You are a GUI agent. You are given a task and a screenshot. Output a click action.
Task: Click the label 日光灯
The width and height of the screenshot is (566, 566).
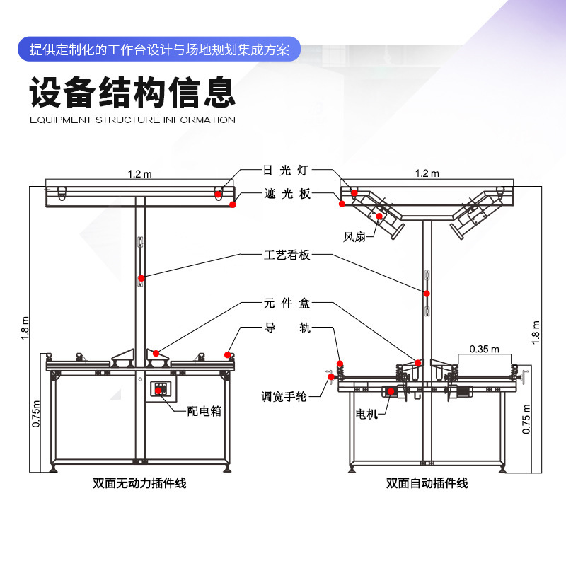pyautogui.click(x=287, y=171)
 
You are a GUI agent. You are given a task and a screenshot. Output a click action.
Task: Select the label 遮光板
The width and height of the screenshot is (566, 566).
pyautogui.click(x=287, y=194)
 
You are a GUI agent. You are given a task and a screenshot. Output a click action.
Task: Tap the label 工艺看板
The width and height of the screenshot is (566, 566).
pyautogui.click(x=287, y=255)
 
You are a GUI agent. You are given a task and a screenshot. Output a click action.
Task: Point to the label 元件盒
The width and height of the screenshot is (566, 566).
pyautogui.click(x=287, y=304)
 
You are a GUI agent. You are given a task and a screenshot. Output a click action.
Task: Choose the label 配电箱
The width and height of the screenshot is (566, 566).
pyautogui.click(x=204, y=411)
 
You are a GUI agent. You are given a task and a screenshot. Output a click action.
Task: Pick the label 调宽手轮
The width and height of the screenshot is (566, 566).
pyautogui.click(x=284, y=397)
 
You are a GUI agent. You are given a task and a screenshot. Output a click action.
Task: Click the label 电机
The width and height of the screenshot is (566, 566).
pyautogui.click(x=366, y=414)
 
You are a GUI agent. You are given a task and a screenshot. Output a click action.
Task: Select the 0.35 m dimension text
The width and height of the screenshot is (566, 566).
pyautogui.click(x=484, y=349)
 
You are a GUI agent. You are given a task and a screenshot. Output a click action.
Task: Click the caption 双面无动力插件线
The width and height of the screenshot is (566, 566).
pyautogui.click(x=139, y=484)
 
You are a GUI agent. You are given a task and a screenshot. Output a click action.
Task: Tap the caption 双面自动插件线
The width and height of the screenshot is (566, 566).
pyautogui.click(x=427, y=484)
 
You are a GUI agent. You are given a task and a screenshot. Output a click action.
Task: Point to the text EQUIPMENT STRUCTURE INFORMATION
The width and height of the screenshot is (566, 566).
pyautogui.click(x=132, y=120)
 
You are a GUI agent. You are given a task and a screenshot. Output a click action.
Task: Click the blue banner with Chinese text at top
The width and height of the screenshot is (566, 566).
pyautogui.click(x=159, y=50)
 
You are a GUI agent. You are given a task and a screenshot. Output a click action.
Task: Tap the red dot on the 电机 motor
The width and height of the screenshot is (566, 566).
pyautogui.click(x=391, y=391)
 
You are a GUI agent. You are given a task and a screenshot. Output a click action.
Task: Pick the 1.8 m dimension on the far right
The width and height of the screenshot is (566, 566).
pyautogui.click(x=536, y=333)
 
